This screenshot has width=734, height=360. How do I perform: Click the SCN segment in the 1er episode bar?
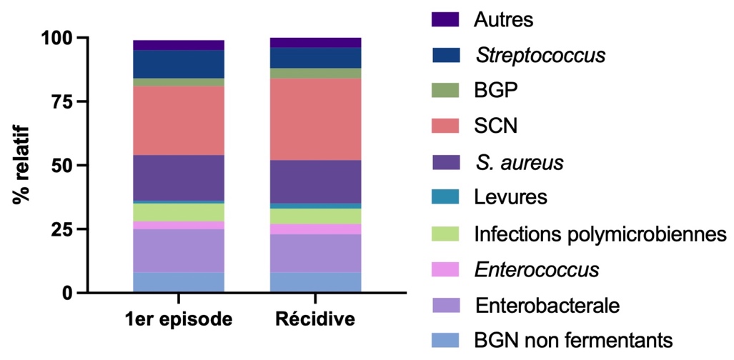coord(179,120)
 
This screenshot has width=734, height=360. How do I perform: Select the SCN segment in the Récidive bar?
coord(315,119)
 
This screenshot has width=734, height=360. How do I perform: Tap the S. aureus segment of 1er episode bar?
coord(179,178)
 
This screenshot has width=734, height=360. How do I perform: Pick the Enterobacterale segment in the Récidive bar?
coord(315,254)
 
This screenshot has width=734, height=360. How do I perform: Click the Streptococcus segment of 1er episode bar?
coord(179,64)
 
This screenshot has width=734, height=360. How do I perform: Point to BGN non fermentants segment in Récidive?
coord(315,282)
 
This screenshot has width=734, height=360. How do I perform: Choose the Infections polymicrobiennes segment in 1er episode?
coord(179,212)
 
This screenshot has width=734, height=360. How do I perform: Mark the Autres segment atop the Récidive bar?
coord(315,42)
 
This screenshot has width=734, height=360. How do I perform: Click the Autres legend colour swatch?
coord(444,19)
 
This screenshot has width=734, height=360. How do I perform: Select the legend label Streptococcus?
coord(540,55)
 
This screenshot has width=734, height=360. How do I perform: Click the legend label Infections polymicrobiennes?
coord(600,234)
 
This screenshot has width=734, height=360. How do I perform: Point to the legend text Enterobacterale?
coord(547,305)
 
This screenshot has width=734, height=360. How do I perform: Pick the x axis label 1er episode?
coord(179,319)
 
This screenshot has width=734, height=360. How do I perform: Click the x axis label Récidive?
coord(315,319)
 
